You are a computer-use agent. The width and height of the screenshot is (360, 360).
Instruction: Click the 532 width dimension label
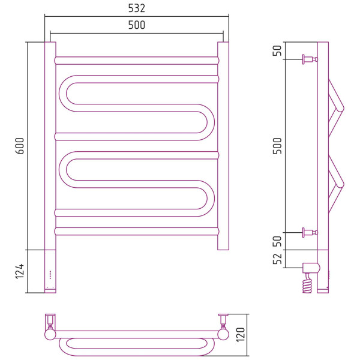[x=137, y=8]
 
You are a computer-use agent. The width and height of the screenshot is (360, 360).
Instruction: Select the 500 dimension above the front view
[x=137, y=25]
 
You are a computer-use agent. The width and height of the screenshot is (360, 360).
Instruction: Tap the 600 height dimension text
[x=20, y=146]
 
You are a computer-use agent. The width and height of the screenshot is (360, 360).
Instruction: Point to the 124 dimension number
[x=20, y=271]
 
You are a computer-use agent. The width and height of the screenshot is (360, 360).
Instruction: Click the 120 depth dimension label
[x=241, y=335]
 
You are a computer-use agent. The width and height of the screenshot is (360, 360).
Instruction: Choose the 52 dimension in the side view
[x=277, y=259]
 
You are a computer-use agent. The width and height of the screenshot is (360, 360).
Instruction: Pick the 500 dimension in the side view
[x=277, y=146]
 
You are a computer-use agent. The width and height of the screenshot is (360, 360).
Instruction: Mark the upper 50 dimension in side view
[x=277, y=50]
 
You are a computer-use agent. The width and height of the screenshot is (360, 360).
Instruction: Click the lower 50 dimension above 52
[x=277, y=241]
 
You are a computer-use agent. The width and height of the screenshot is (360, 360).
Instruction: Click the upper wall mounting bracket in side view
[x=310, y=59]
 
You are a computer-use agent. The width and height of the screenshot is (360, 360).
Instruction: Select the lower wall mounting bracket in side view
[x=310, y=233]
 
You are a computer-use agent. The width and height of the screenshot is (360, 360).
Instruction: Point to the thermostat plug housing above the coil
[x=311, y=268]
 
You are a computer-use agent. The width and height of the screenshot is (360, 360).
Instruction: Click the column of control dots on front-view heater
[x=50, y=275]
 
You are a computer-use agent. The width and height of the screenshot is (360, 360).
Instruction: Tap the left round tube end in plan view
[x=50, y=335]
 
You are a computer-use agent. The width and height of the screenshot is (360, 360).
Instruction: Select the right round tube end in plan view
[x=223, y=335]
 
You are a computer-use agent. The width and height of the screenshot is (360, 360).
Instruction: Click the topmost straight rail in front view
[x=137, y=61]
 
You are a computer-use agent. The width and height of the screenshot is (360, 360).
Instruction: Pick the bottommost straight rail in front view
[x=137, y=232]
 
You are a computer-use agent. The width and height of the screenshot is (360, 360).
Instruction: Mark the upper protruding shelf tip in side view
[x=341, y=109]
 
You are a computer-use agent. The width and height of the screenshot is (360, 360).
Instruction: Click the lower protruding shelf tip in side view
[x=341, y=185]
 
